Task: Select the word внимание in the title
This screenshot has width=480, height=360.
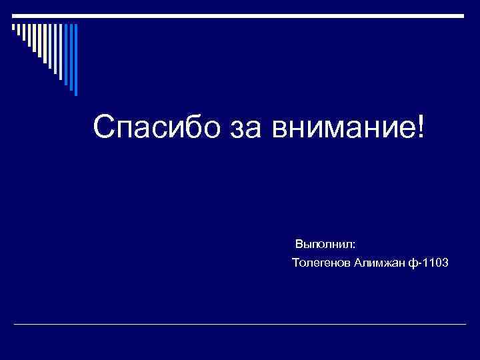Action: pos(340,126)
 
